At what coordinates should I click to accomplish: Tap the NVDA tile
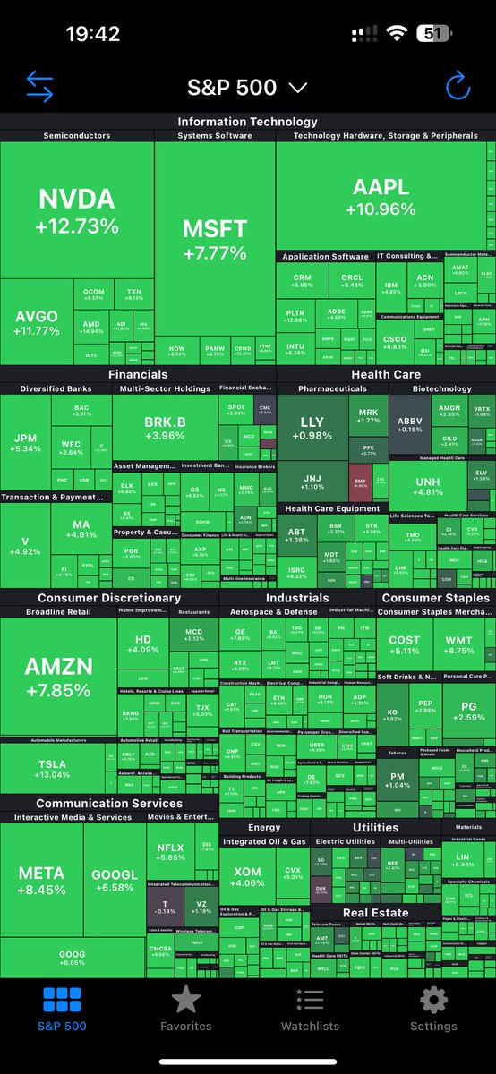point(77,211)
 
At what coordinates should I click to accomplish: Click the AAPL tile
point(381,197)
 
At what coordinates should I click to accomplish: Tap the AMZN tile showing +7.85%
point(58,678)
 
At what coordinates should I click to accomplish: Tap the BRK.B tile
point(164,426)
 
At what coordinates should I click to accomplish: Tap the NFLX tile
point(170,852)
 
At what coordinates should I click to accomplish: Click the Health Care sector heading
point(386,374)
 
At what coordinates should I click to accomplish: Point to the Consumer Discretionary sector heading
point(109,598)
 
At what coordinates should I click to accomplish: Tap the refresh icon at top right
point(458,86)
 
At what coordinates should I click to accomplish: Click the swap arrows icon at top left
point(39,86)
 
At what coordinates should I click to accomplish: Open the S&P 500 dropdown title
point(247,87)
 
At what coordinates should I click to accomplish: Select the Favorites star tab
point(186,1006)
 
